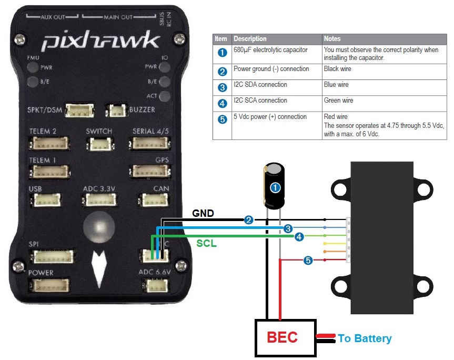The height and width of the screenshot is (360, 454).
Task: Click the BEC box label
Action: point(282,337)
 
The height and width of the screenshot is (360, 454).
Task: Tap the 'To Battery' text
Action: point(365,338)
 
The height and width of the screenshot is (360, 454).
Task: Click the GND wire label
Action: point(203,214)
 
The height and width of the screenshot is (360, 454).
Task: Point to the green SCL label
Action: point(207,244)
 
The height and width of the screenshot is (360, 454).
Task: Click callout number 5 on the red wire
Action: point(308,260)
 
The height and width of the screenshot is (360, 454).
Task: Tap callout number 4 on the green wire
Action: point(299,237)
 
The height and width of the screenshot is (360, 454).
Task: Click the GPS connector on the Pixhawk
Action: point(149,171)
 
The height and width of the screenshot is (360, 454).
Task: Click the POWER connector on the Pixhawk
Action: point(51,285)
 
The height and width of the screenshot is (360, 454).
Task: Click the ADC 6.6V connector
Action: point(155,285)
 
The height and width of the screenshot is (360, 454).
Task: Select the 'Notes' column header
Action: point(332,39)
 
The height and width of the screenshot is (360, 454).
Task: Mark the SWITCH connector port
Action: point(98,143)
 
